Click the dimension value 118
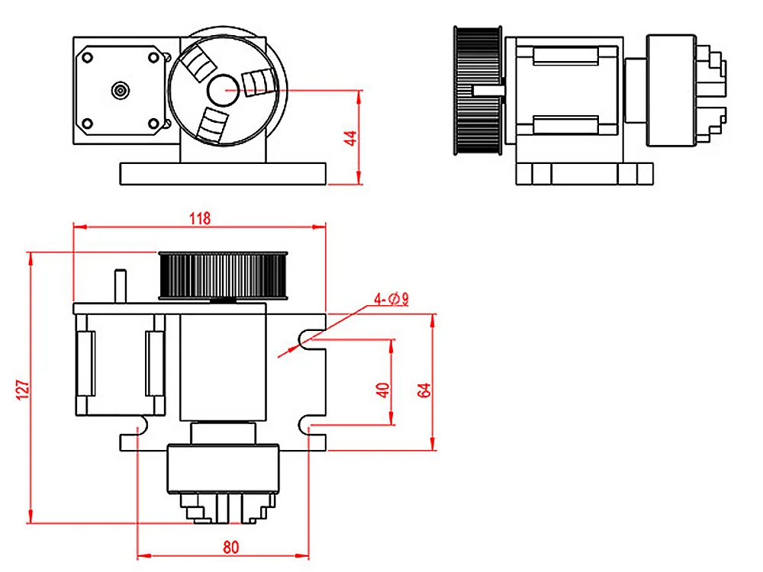200,218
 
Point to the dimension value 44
350,138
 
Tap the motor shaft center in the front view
120,90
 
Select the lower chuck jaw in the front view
211,124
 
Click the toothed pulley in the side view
478,90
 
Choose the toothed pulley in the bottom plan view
224,275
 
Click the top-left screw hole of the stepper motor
87,56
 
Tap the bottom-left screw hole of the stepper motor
87,123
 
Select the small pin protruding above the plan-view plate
120,286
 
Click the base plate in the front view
224,172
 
